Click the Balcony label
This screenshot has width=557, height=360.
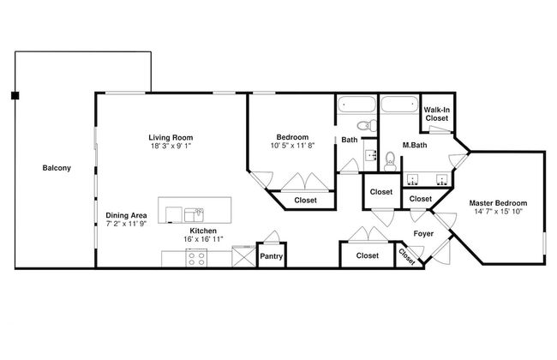(57, 168)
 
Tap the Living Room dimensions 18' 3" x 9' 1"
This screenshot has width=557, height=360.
(171, 146)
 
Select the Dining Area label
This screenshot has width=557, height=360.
(126, 215)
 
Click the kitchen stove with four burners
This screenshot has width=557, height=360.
(196, 258)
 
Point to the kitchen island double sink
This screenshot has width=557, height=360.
(194, 215)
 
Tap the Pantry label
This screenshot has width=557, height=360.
(271, 256)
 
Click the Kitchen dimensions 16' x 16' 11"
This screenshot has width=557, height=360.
(203, 239)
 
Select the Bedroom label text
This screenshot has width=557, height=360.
(292, 137)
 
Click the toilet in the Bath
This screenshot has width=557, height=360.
(367, 125)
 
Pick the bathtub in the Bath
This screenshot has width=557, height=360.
(356, 104)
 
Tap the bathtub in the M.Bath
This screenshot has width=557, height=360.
(399, 104)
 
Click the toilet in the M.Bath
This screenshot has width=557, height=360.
(390, 162)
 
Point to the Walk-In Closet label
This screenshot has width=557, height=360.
(436, 114)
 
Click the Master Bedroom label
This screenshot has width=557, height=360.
(498, 203)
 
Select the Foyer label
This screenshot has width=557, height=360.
(423, 233)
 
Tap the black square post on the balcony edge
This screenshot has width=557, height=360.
(15, 95)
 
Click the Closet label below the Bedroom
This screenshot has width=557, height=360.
(306, 200)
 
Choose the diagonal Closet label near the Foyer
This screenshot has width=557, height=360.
(407, 256)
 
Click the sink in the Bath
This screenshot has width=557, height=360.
(371, 155)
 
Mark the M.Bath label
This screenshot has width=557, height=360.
(415, 145)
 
